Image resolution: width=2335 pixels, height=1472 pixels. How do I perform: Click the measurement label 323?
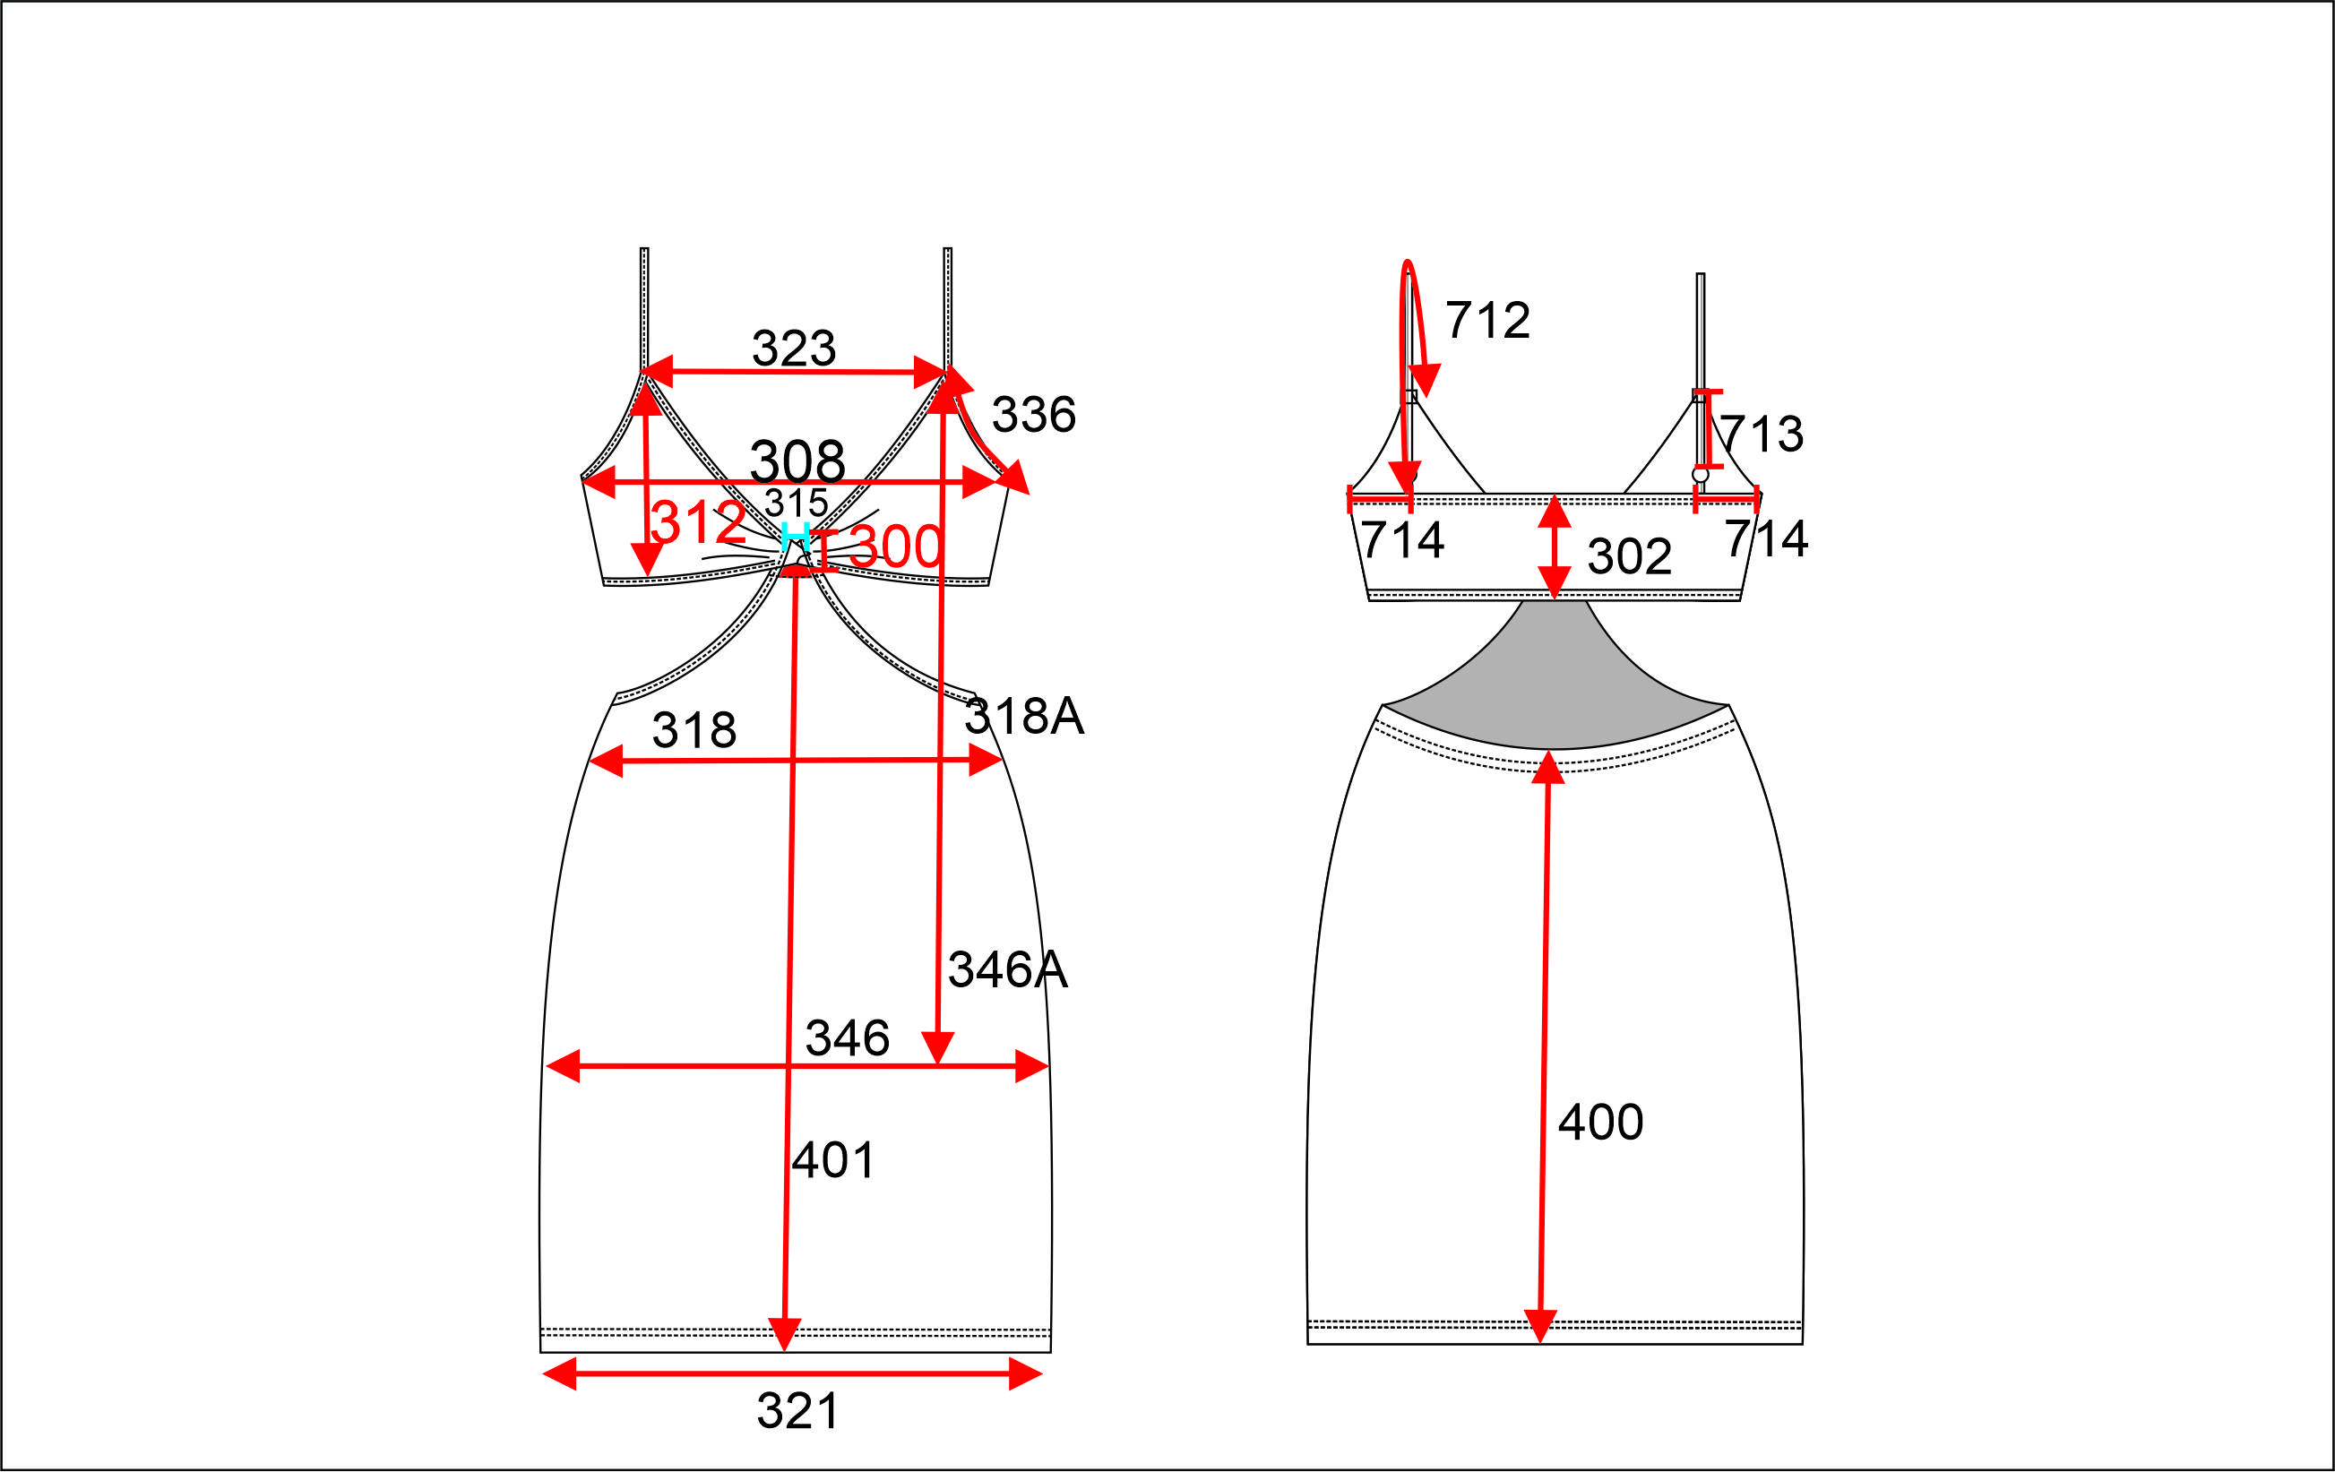coord(793,349)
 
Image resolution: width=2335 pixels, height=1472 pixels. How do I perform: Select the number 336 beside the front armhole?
coord(1034,415)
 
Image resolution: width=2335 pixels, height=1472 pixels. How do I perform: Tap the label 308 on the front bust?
coord(797,461)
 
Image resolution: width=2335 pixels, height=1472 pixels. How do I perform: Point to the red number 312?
coord(697,522)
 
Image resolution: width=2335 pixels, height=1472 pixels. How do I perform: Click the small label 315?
coord(797,504)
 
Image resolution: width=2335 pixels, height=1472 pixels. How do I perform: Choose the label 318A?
coord(1024,717)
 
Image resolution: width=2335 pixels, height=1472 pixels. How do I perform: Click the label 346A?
coord(1007,969)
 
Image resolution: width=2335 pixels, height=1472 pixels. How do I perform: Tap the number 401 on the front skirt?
coord(833,1159)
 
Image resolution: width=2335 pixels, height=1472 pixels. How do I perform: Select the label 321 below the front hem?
coord(797,1411)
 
